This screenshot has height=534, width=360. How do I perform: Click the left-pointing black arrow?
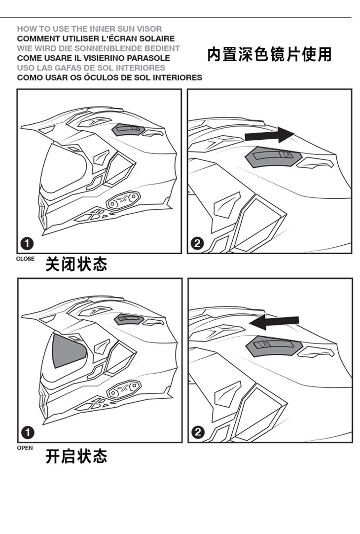coord(274,322)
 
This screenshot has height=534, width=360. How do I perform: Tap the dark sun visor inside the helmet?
coord(69,350)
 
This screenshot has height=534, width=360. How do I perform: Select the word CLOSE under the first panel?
coord(25,259)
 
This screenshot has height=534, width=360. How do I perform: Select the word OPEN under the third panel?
coord(25,448)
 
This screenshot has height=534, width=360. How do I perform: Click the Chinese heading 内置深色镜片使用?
coord(269,54)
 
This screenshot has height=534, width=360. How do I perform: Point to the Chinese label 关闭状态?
coord(76,264)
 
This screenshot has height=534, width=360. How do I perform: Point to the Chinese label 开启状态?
coord(76,457)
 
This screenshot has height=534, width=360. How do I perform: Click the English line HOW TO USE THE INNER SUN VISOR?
coord(89,29)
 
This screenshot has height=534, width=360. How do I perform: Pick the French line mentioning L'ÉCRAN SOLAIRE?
coord(96,38)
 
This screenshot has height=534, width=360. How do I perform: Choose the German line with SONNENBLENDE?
coord(98,48)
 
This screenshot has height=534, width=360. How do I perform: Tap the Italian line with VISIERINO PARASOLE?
coord(94,58)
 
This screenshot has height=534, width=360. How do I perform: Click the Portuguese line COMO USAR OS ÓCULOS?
coord(109,77)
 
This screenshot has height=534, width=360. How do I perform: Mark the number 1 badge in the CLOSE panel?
coord(27,243)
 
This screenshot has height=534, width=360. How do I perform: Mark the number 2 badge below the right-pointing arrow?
coord(198,243)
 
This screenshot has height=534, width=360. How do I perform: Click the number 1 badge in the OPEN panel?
coord(28,432)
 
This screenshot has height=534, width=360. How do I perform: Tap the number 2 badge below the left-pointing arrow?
coord(198,432)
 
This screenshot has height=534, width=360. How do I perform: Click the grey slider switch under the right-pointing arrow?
coord(273,156)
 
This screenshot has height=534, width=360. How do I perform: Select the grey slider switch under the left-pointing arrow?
coord(274,346)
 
